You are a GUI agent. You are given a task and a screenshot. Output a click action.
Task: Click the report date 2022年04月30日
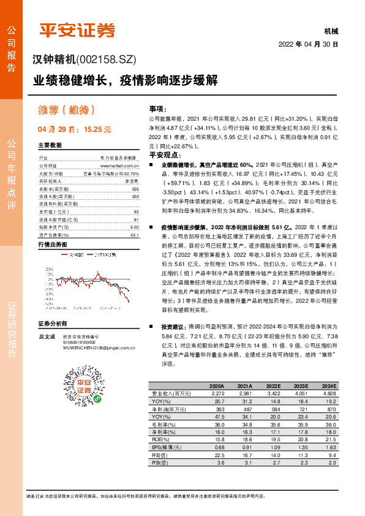tap(308, 45)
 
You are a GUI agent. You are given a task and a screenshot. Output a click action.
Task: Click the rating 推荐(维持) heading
tap(67, 111)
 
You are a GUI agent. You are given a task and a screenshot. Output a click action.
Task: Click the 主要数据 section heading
tap(50, 146)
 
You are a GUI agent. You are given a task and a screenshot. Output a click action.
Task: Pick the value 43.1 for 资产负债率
tap(135, 218)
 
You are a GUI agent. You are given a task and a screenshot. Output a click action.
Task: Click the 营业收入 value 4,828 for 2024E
tap(329, 392)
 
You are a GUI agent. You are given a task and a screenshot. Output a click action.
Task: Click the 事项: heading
tap(157, 107)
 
